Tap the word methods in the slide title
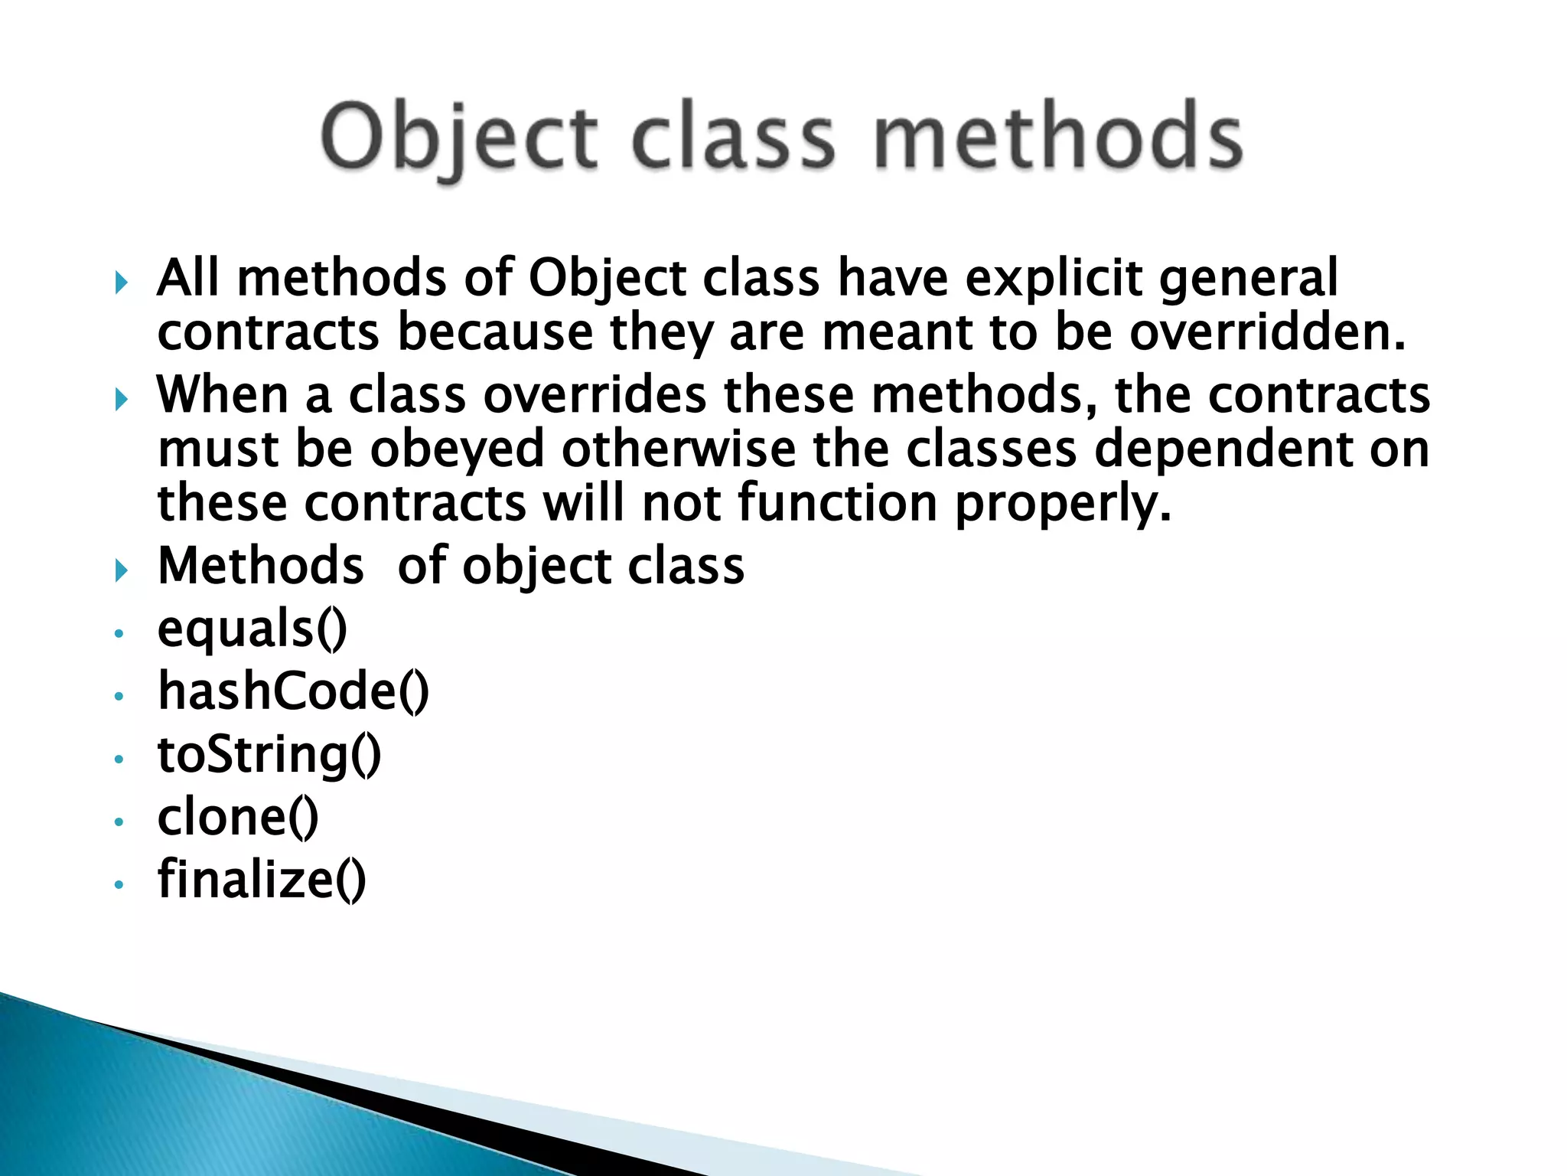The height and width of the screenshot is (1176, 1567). (1058, 138)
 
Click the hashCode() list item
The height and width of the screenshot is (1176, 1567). (293, 692)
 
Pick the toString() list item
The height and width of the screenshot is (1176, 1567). (269, 755)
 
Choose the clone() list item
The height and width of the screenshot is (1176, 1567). (238, 818)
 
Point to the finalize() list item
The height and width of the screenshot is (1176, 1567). (262, 880)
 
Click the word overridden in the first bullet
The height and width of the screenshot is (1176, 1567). (1267, 334)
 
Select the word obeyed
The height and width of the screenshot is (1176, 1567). (458, 450)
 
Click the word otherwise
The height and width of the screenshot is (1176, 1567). (678, 450)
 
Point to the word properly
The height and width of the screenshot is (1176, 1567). (1063, 505)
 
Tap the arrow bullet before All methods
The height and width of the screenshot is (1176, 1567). (121, 284)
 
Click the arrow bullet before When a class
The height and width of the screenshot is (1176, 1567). (121, 400)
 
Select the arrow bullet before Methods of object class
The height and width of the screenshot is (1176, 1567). (121, 570)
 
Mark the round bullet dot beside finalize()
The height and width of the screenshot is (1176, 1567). (119, 885)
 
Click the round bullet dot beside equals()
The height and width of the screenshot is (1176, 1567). (119, 634)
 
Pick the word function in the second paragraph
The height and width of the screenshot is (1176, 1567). (838, 505)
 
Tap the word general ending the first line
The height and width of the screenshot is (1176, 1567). (1249, 279)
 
